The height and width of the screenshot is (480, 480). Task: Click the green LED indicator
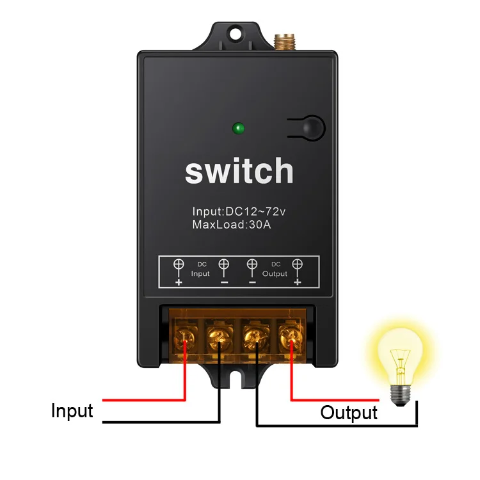click(x=239, y=128)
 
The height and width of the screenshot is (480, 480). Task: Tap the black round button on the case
click(x=310, y=127)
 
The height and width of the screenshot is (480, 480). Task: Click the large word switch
click(x=239, y=172)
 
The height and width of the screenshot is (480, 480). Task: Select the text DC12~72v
click(x=259, y=211)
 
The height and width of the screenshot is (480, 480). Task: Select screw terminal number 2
click(x=220, y=335)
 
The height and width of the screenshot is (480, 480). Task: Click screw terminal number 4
click(x=290, y=335)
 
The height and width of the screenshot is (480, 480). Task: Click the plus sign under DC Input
click(x=179, y=282)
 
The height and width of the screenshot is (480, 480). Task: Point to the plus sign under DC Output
click(x=297, y=282)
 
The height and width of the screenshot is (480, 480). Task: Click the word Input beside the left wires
click(x=72, y=410)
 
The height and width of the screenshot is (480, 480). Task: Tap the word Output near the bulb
click(x=349, y=412)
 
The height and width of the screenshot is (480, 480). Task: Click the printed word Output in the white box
click(x=275, y=274)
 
